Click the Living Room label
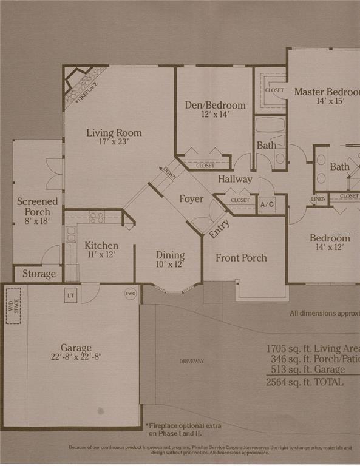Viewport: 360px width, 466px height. click(114, 133)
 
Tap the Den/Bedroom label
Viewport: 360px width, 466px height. click(215, 105)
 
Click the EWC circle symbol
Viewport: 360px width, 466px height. click(130, 294)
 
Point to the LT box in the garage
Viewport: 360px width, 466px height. click(70, 295)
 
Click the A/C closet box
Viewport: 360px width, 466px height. click(267, 204)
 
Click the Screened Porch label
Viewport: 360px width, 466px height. click(38, 207)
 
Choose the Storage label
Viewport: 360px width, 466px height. click(39, 274)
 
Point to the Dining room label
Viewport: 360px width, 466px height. click(171, 255)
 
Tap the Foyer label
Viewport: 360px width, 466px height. click(191, 199)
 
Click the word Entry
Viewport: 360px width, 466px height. click(219, 227)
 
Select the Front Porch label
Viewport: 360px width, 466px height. click(241, 258)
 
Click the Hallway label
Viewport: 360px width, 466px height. click(235, 179)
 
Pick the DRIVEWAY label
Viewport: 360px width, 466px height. click(191, 362)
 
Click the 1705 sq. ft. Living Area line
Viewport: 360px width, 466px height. click(312, 349)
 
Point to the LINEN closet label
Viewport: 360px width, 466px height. click(319, 199)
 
